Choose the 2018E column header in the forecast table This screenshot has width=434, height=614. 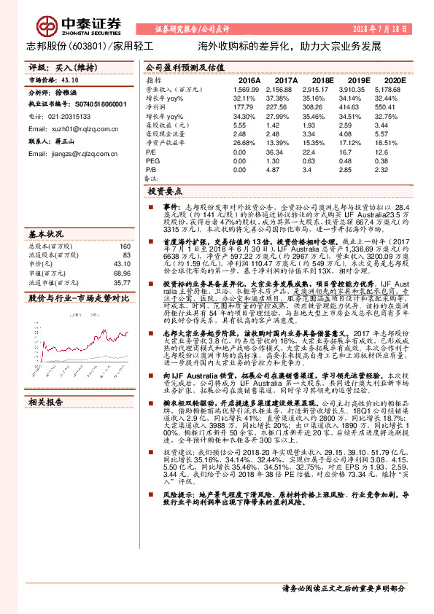[x=320, y=79]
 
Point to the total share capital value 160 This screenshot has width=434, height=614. [x=125, y=246]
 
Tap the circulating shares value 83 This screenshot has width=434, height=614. [x=127, y=255]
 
